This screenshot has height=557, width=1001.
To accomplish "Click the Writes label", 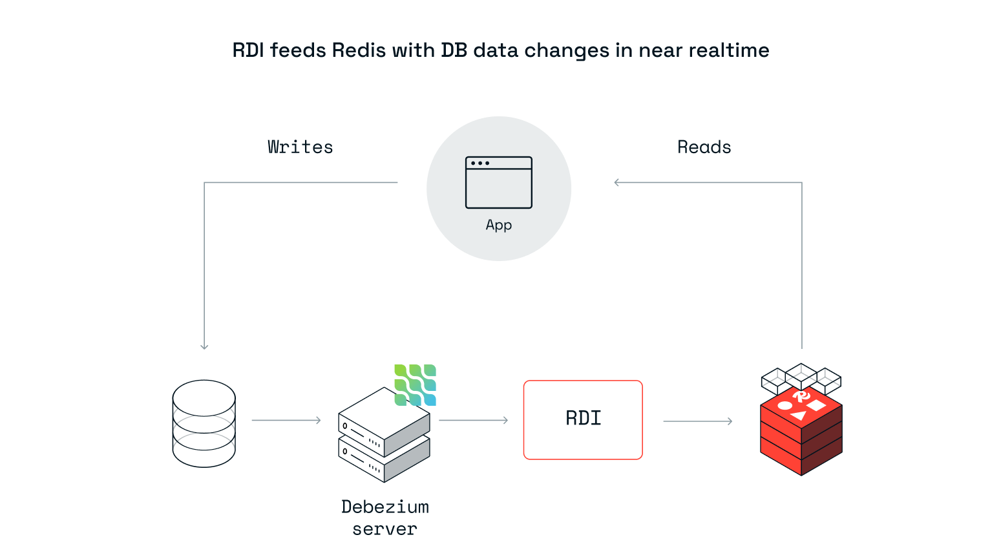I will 300,147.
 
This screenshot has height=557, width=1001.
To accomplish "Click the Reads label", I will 704,147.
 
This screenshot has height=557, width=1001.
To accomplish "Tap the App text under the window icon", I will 498,225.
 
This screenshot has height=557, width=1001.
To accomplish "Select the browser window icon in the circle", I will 498,182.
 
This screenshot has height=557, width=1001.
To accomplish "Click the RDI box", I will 583,419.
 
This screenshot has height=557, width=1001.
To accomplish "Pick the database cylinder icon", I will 204,423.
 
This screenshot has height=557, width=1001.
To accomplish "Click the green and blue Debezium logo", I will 416,385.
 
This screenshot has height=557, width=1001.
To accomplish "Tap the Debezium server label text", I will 385,518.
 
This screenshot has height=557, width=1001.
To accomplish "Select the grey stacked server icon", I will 384,436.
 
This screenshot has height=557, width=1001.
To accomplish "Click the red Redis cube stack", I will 801,432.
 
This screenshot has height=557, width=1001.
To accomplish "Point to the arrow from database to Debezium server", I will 286,420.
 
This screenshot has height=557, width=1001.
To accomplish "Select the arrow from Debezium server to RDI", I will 473,420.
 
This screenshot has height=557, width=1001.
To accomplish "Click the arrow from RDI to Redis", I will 697,421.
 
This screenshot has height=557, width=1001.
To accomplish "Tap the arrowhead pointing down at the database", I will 204,346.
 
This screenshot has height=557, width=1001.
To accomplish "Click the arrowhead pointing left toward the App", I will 617,182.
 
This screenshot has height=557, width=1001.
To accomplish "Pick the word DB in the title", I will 454,50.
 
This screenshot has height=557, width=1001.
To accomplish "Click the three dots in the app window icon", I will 479,163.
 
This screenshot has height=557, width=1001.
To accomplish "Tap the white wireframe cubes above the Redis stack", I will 801,377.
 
